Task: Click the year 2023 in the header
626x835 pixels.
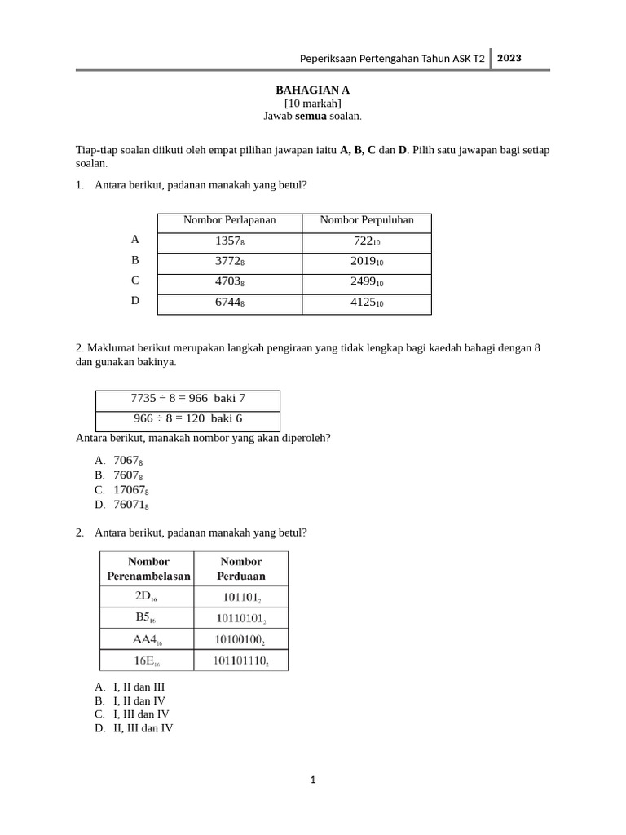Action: pos(509,58)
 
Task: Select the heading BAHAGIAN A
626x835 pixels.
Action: pos(312,90)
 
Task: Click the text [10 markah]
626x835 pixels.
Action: pos(312,103)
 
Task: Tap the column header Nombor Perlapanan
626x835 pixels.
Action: pos(229,220)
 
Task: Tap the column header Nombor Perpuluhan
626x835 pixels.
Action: pos(366,220)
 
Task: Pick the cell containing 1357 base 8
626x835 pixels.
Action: pos(229,241)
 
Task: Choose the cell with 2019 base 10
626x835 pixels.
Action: pos(366,262)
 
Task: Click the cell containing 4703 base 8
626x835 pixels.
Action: pos(229,282)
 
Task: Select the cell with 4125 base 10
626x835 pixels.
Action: pos(366,303)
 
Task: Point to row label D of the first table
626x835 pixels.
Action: pos(135,300)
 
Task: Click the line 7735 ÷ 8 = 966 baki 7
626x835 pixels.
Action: pos(187,399)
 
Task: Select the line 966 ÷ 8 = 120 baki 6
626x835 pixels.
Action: pos(187,419)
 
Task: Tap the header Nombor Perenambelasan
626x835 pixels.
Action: pos(148,568)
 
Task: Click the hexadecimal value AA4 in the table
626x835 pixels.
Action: pos(148,639)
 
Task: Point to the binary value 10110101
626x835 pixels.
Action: pos(242,618)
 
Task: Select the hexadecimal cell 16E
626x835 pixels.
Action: pos(148,660)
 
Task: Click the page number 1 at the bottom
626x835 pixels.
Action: pos(312,780)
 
